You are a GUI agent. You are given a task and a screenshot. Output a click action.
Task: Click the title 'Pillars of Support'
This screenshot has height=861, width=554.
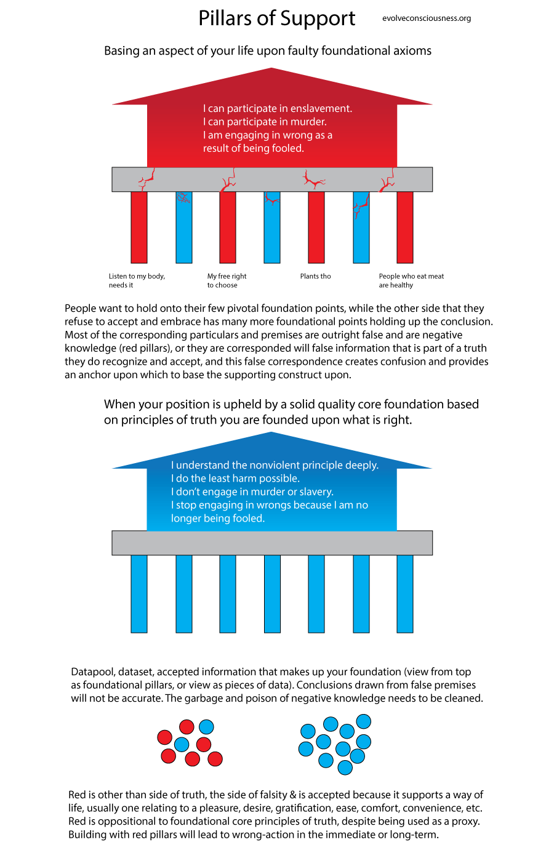(x=276, y=18)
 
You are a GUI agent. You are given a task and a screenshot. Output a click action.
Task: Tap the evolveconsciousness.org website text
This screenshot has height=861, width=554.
(x=426, y=18)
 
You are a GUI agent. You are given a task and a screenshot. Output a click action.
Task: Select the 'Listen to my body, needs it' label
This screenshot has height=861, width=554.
(x=137, y=280)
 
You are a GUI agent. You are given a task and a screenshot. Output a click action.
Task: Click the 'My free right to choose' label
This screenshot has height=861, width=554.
(x=227, y=280)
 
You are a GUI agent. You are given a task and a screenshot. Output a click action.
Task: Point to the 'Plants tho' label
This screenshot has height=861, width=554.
(x=315, y=276)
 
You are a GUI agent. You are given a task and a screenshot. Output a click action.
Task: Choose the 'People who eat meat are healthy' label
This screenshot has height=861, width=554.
(x=411, y=280)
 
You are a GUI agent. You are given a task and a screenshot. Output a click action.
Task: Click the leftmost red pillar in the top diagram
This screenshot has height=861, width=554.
(x=139, y=227)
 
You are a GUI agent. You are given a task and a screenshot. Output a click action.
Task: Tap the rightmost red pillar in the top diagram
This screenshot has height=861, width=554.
(x=404, y=227)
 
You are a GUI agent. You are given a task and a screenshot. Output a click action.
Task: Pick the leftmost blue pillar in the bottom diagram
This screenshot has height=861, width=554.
(x=139, y=593)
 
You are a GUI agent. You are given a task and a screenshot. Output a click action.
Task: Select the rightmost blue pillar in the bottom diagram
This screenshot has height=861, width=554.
(x=404, y=593)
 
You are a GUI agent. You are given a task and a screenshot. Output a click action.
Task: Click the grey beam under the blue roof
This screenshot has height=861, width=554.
(x=271, y=543)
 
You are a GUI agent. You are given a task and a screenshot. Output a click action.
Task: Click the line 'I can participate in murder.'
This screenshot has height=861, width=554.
(x=265, y=122)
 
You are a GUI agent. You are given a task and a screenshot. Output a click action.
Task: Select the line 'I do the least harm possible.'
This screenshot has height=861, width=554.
(x=235, y=478)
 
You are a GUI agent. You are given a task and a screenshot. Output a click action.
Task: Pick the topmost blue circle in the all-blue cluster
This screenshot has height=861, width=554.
(x=364, y=721)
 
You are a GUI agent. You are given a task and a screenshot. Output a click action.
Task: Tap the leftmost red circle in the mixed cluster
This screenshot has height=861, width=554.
(x=164, y=737)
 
